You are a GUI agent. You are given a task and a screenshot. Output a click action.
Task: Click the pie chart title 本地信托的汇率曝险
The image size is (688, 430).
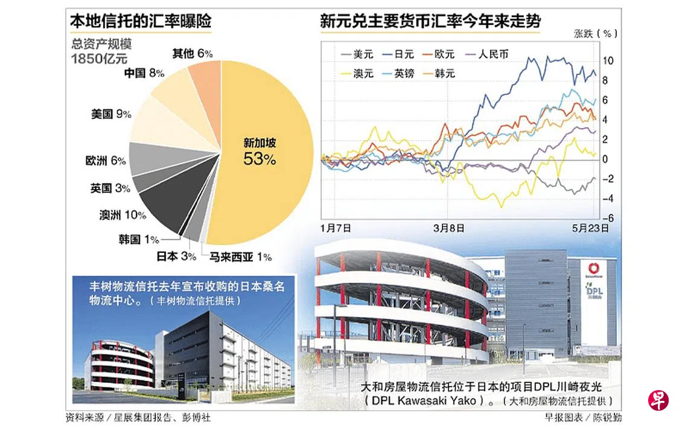[141, 22]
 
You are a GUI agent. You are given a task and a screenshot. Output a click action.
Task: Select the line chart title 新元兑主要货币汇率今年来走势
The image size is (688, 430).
[430, 22]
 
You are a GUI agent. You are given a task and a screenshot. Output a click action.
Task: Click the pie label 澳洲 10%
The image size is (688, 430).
[123, 214]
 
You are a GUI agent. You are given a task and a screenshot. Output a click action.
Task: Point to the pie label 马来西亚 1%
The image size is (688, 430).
[240, 257]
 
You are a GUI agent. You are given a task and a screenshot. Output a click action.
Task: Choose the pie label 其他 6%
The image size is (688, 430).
[192, 53]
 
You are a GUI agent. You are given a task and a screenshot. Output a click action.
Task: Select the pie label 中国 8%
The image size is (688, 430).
[144, 73]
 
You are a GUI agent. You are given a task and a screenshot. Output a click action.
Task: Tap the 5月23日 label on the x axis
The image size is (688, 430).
[591, 228]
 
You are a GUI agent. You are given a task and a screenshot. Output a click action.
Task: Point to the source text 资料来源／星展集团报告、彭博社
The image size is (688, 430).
[138, 417]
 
